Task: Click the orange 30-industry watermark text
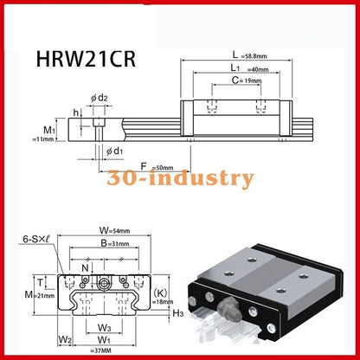click(180, 179)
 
